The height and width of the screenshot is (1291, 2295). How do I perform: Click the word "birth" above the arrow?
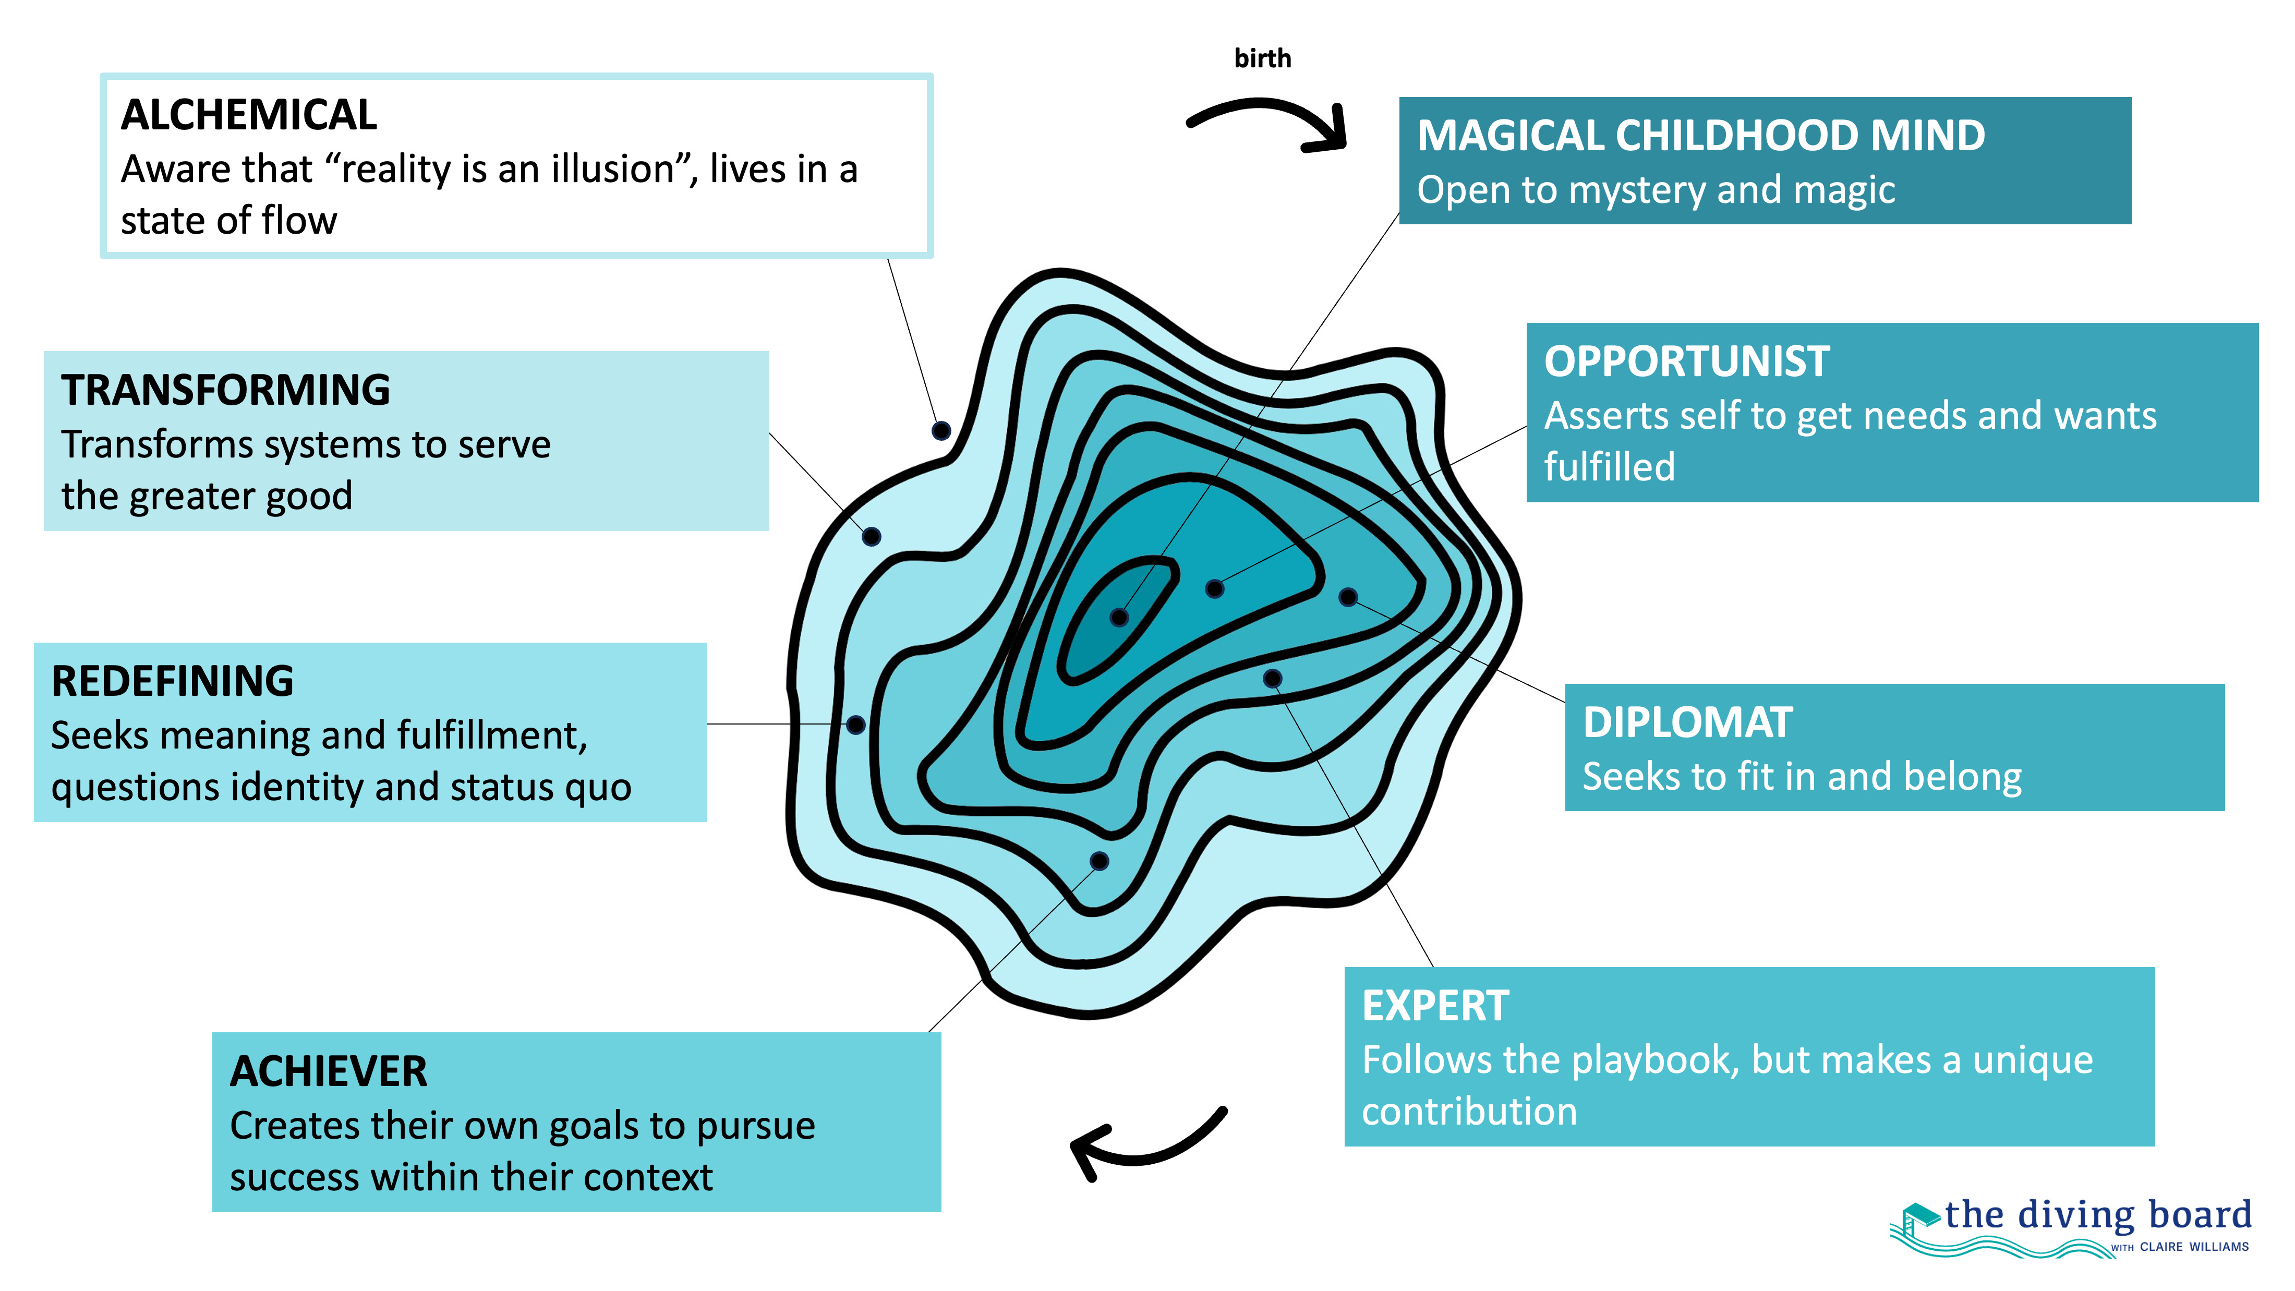pos(1262,59)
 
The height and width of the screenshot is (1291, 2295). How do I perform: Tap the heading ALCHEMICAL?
pos(249,115)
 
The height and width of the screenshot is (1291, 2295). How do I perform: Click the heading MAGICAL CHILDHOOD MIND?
pos(1700,136)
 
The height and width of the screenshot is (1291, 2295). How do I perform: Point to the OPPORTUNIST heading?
pos(1686,361)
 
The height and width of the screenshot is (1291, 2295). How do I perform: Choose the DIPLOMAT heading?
pos(1686,722)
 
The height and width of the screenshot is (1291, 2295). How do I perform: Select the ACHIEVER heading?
pos(328,1072)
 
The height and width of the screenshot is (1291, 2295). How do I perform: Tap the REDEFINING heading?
pos(172,682)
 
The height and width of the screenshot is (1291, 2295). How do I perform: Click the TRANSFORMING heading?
pos(225,390)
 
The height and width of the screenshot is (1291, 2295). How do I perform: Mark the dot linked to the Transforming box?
pos(871,536)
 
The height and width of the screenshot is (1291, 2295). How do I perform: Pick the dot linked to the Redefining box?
pos(855,725)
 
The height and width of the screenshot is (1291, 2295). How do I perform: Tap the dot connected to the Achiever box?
pos(1100,861)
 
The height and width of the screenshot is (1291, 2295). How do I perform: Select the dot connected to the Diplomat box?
pos(1348,597)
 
